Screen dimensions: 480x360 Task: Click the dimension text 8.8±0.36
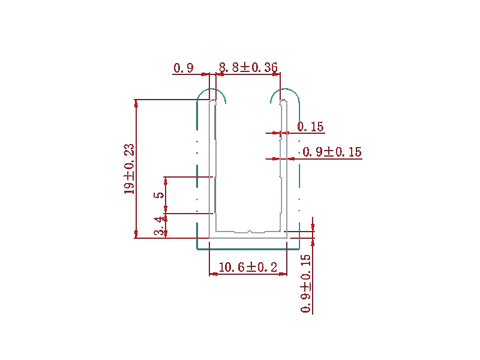248,67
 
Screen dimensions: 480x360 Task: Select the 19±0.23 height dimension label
129,169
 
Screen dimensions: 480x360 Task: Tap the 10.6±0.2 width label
248,267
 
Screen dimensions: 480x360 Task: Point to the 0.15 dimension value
310,127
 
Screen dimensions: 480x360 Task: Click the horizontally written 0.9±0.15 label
332,152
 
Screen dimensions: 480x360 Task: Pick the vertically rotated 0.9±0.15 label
306,283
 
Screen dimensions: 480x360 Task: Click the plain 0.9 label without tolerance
184,68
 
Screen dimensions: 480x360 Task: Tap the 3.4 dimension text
160,226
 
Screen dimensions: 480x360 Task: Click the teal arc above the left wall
211,89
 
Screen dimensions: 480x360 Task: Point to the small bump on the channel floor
250,231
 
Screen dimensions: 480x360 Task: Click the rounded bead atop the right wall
284,101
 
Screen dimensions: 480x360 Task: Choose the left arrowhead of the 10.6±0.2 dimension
213,274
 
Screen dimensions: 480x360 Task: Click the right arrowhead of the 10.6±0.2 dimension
283,274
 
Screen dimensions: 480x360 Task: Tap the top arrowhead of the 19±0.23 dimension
136,103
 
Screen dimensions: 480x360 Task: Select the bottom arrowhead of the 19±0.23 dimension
136,234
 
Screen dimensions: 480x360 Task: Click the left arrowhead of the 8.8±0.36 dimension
220,74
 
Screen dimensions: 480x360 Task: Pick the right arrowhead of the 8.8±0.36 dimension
277,74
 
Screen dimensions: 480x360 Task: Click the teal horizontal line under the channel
248,249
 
